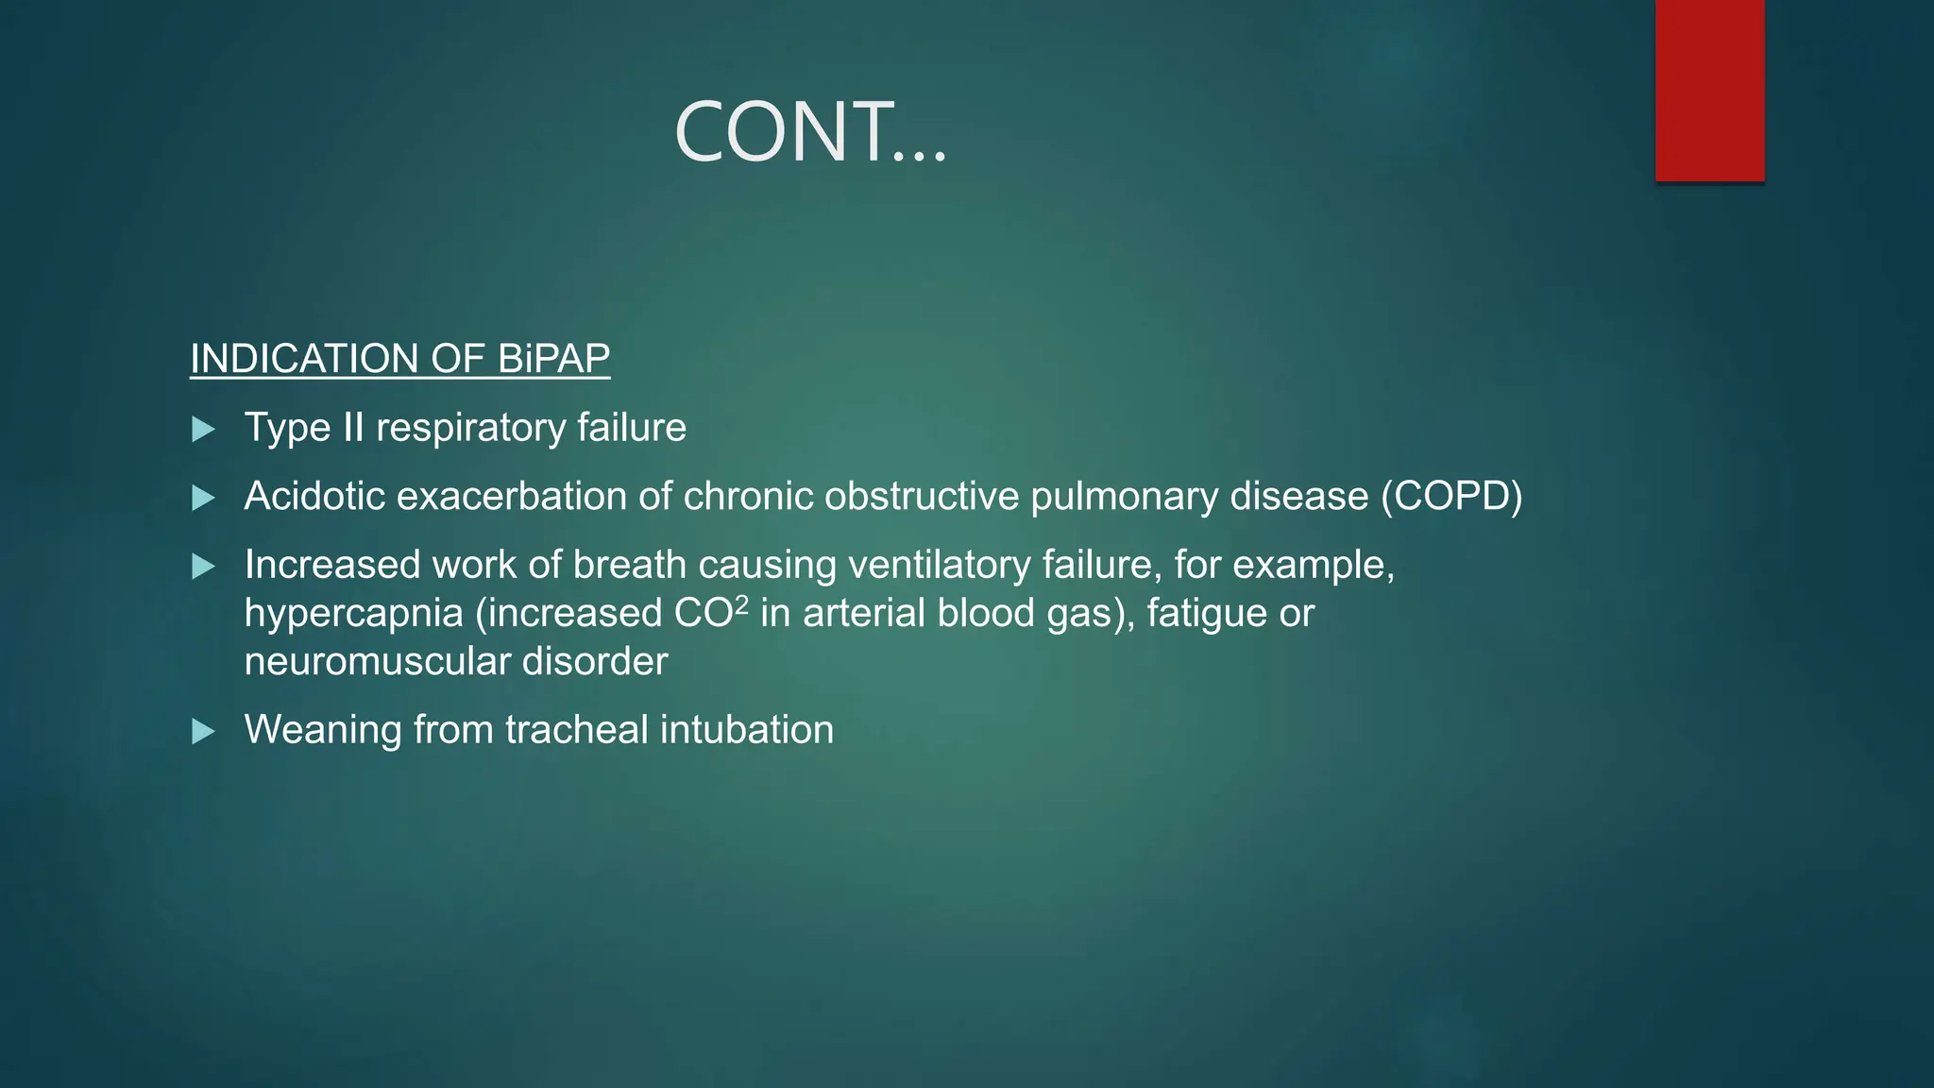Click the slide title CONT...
click(x=809, y=132)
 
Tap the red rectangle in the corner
click(x=1709, y=90)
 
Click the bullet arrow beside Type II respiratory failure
click(x=203, y=430)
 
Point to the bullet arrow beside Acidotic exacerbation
click(x=203, y=498)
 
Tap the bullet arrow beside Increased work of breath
click(x=203, y=567)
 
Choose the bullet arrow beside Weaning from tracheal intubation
click(x=203, y=731)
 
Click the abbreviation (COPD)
click(x=1451, y=497)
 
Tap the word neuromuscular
click(x=378, y=661)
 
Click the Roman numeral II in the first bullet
click(x=353, y=428)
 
